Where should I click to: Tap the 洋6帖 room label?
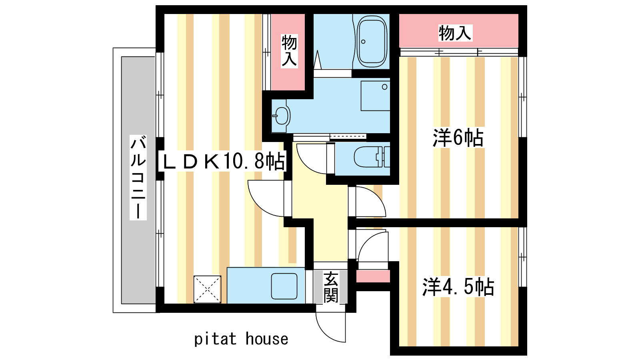[x=458, y=138]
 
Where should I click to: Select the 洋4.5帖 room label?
[x=458, y=286]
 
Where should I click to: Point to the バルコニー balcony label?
[x=138, y=178]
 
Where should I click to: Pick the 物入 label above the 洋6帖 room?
[x=455, y=33]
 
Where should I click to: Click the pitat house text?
[x=241, y=339]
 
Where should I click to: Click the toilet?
[x=372, y=157]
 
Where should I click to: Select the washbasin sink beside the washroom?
[x=281, y=116]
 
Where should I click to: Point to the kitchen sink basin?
[x=284, y=286]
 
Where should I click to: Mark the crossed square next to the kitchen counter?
[x=208, y=289]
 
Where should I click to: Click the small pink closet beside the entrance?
[x=373, y=276]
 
